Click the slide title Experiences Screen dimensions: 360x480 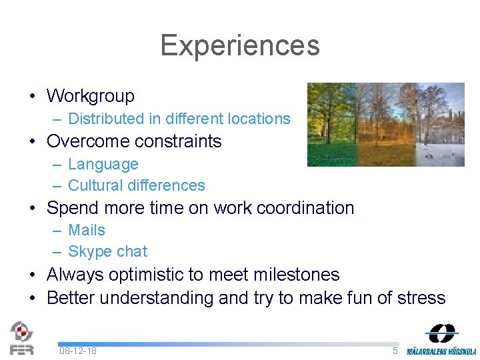(x=240, y=45)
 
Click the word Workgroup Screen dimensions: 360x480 (x=91, y=96)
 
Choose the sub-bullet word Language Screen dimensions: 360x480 (x=103, y=164)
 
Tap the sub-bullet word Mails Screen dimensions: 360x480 (x=87, y=230)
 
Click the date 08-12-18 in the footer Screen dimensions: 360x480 (x=77, y=351)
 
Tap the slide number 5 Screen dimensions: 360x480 (x=395, y=351)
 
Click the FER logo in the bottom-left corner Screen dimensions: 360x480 (x=22, y=337)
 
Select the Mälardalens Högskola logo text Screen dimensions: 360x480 (x=442, y=351)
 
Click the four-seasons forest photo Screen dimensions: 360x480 (x=385, y=124)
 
